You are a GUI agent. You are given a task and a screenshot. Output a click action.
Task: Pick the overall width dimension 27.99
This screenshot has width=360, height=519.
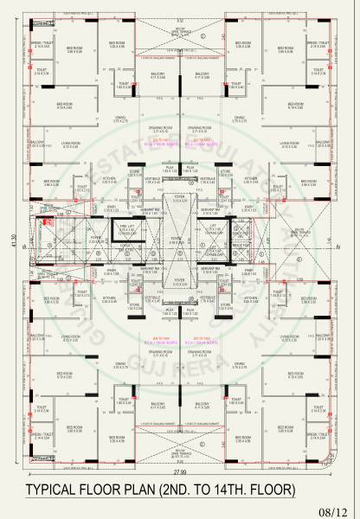(179, 472)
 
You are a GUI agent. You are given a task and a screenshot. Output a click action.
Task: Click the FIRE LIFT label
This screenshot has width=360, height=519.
(122, 227)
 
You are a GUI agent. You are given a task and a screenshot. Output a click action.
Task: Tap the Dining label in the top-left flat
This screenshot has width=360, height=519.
(120, 119)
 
